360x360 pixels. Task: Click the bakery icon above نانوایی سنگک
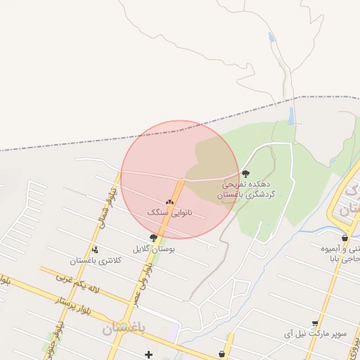pyautogui.click(x=169, y=201)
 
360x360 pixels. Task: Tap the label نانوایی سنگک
pyautogui.click(x=169, y=211)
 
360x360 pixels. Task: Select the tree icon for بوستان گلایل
pyautogui.click(x=153, y=238)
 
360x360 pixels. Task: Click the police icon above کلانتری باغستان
pyautogui.click(x=96, y=249)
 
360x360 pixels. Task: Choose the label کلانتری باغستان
pyautogui.click(x=96, y=260)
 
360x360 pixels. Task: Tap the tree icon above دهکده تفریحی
pyautogui.click(x=245, y=173)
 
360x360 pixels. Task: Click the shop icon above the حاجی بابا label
pyautogui.click(x=345, y=238)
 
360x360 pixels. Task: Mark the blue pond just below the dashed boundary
pyautogui.click(x=291, y=116)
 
